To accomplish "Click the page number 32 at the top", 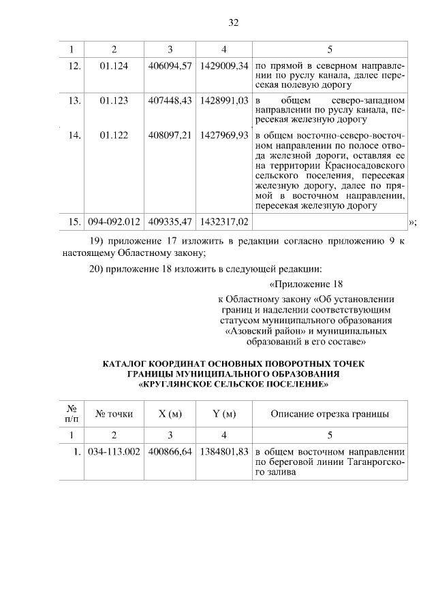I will pyautogui.click(x=233, y=22).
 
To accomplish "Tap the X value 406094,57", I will pyautogui.click(x=170, y=66).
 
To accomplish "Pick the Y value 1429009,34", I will pyautogui.click(x=224, y=66).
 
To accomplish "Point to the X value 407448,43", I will pyautogui.click(x=170, y=101).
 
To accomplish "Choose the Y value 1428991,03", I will pyautogui.click(x=224, y=101).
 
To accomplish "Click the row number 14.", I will pyautogui.click(x=75, y=135).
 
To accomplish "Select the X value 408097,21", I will pyautogui.click(x=170, y=135).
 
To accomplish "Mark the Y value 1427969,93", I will pyautogui.click(x=224, y=135).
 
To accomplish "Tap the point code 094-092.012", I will pyautogui.click(x=114, y=222).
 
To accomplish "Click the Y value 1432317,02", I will pyautogui.click(x=224, y=222).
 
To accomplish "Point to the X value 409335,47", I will pyautogui.click(x=170, y=222).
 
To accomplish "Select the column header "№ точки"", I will pyautogui.click(x=114, y=414).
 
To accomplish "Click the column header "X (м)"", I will pyautogui.click(x=170, y=414).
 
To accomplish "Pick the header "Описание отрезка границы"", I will pyautogui.click(x=330, y=414).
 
